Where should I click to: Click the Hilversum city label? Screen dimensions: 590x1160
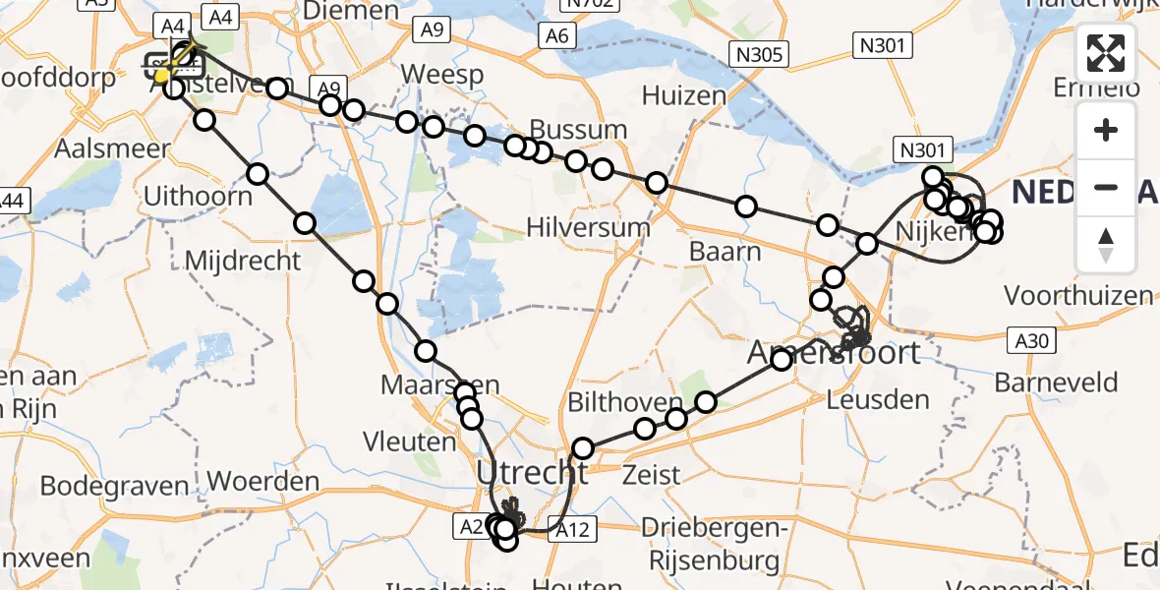click(588, 227)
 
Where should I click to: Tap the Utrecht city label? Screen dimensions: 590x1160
click(532, 473)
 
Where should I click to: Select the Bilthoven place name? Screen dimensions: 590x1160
click(624, 403)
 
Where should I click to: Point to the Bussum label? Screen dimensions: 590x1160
click(578, 129)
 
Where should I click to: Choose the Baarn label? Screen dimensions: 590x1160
click(725, 251)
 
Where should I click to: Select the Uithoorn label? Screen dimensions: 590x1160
click(198, 195)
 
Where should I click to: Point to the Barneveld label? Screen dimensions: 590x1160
click(1056, 382)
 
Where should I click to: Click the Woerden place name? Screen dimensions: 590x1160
click(264, 482)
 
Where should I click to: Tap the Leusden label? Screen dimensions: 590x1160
click(878, 399)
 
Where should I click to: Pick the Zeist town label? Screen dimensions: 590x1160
click(652, 475)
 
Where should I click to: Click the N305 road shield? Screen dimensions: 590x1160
click(757, 54)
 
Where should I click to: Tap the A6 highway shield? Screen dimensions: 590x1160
click(557, 36)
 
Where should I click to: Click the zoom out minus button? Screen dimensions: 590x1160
click(1107, 187)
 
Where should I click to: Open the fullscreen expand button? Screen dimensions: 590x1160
click(1107, 54)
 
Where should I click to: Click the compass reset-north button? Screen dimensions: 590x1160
click(1107, 244)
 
